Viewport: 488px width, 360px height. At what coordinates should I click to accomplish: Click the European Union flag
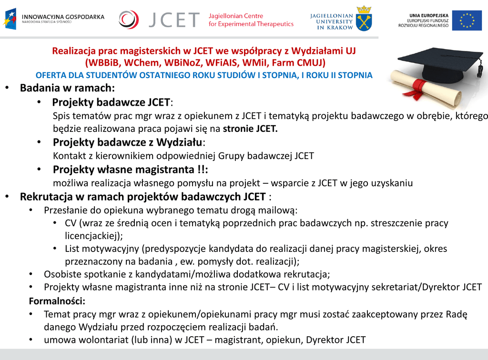[x=467, y=20]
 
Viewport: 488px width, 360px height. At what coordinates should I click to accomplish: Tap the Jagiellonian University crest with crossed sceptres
[x=364, y=19]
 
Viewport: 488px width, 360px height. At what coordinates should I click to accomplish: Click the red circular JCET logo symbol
[x=128, y=20]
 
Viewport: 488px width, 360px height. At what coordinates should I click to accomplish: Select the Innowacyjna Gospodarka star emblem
[x=10, y=19]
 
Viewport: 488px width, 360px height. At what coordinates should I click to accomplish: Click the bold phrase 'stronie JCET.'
[x=250, y=129]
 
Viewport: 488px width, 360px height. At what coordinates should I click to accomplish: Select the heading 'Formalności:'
[x=57, y=301]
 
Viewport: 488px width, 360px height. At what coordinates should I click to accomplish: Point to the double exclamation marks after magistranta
[x=202, y=170]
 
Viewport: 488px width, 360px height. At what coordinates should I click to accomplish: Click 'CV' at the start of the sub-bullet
[x=71, y=223]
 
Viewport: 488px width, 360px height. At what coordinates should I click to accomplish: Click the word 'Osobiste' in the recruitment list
[x=62, y=274]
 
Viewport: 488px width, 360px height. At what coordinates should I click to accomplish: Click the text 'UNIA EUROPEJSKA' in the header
[x=428, y=16]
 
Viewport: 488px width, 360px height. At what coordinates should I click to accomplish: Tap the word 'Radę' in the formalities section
[x=457, y=314]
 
